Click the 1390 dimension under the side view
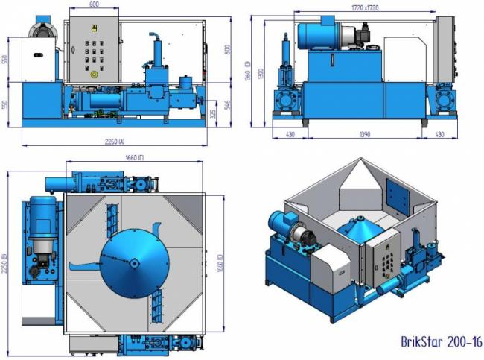pyautogui.click(x=364, y=135)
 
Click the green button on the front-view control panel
pyautogui.click(x=93, y=73)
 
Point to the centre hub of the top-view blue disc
pyautogui.click(x=133, y=262)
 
